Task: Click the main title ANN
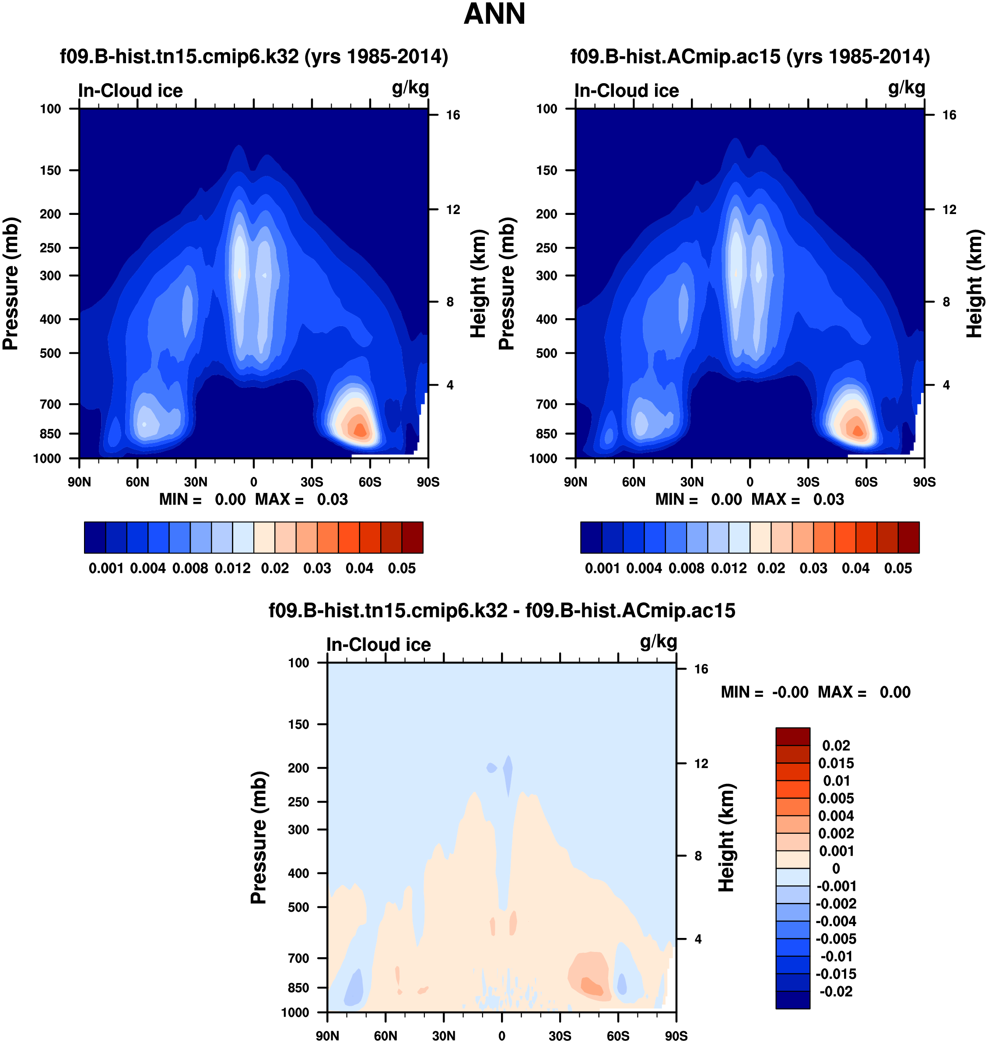[494, 14]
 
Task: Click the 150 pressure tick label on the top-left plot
[51, 170]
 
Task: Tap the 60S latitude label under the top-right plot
[866, 482]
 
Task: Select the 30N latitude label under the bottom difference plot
[443, 1036]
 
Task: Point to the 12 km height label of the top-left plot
[453, 210]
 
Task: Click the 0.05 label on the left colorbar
[402, 569]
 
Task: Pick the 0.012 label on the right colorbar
[729, 569]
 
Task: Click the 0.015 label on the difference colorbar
[836, 763]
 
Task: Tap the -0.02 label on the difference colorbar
[836, 991]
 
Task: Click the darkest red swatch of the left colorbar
[412, 537]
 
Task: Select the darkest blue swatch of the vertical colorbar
[792, 1000]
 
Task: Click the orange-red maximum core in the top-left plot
[360, 429]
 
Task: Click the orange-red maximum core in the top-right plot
[858, 430]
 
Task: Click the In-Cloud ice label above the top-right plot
[627, 91]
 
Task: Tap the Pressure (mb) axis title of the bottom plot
[259, 838]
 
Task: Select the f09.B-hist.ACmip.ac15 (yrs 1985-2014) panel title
[750, 56]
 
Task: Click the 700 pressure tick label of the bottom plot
[298, 958]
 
